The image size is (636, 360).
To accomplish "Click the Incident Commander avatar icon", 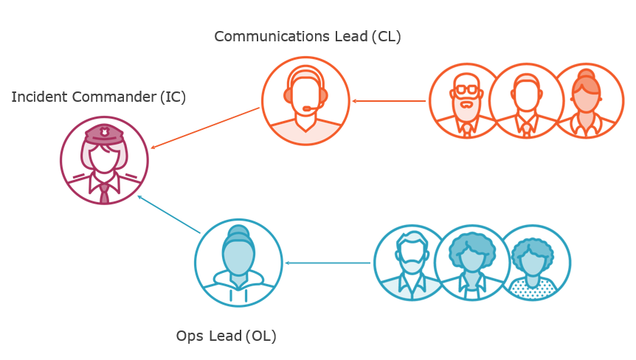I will coord(104,160).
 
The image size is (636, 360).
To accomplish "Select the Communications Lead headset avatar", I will coord(305,100).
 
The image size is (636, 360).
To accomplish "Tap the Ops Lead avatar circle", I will coord(238,263).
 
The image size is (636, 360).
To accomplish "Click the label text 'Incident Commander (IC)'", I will coord(99,97).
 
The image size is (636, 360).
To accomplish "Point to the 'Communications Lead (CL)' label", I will coord(308,36).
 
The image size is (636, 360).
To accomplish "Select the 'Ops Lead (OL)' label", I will coord(226,336).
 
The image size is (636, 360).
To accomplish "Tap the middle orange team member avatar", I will coord(526,100).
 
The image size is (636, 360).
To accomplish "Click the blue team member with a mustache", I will coord(410,263).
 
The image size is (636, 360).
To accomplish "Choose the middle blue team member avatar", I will coord(472,263).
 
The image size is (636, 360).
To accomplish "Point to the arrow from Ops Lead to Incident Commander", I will coord(169,215).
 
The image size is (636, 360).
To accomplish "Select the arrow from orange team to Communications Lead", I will coord(389,100).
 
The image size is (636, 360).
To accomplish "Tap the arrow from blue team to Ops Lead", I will coord(328,263).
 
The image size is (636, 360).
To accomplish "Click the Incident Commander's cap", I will coord(104,134).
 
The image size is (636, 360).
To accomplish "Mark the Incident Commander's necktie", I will coord(104,193).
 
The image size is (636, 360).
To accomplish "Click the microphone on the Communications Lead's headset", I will coord(308,108).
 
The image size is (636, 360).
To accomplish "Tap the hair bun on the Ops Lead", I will coord(238,233).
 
